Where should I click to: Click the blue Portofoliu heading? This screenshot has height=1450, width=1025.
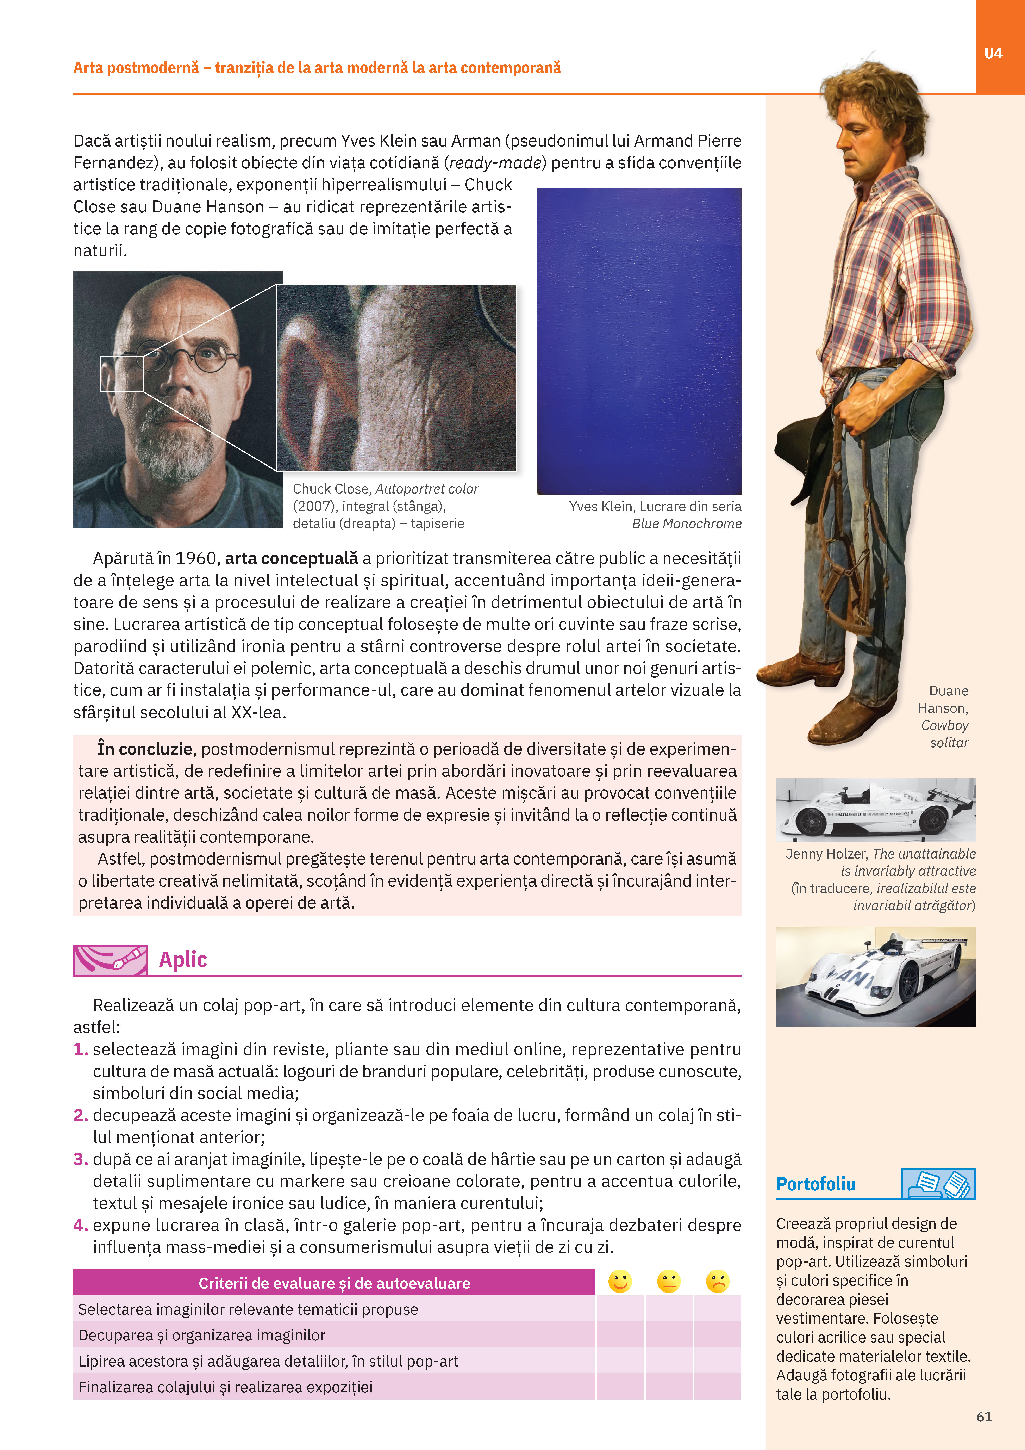(815, 1184)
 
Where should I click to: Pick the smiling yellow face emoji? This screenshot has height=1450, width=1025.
(620, 1281)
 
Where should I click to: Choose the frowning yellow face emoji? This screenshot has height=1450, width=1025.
(717, 1281)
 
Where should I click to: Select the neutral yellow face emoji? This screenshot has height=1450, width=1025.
(668, 1281)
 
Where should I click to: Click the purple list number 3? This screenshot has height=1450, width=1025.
(80, 1159)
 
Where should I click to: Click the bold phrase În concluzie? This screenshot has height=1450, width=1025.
(145, 749)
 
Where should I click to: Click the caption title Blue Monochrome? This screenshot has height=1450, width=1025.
(687, 523)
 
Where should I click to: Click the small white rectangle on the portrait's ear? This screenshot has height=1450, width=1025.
(122, 373)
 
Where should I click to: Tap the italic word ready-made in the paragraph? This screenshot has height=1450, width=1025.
(496, 163)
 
